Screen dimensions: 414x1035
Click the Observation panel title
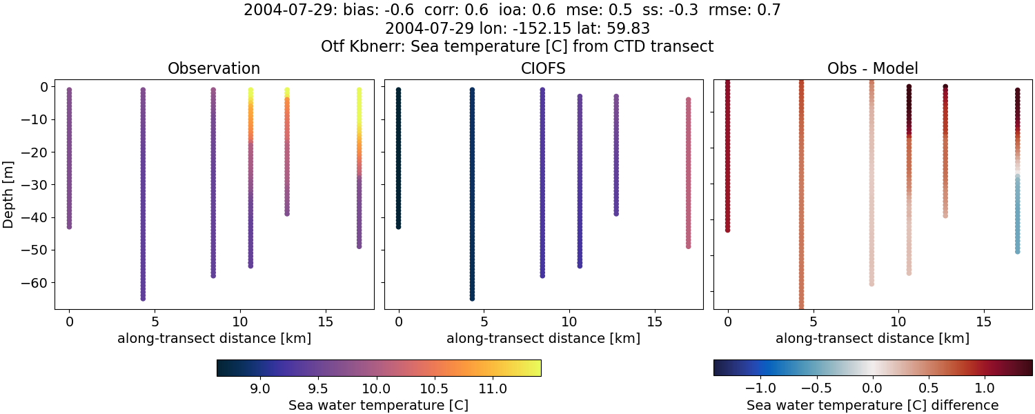(214, 68)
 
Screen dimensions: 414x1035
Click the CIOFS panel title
(543, 68)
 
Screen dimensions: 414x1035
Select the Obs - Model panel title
(872, 68)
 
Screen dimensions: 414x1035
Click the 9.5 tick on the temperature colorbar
(317, 388)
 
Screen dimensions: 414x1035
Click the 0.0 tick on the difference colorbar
(873, 388)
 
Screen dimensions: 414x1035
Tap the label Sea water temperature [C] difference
(872, 405)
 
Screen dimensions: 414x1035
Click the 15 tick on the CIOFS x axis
(654, 322)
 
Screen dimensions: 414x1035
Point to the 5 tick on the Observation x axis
(155, 322)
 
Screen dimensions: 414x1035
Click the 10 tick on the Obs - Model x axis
(898, 322)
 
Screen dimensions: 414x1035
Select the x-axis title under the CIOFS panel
(543, 338)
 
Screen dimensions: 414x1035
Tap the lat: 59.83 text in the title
(614, 28)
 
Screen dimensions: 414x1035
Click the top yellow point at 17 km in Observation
(359, 90)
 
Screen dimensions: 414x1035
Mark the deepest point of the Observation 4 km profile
(143, 298)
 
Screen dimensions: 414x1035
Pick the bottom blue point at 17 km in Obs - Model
(1017, 251)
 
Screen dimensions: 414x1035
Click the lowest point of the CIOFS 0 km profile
(398, 226)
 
